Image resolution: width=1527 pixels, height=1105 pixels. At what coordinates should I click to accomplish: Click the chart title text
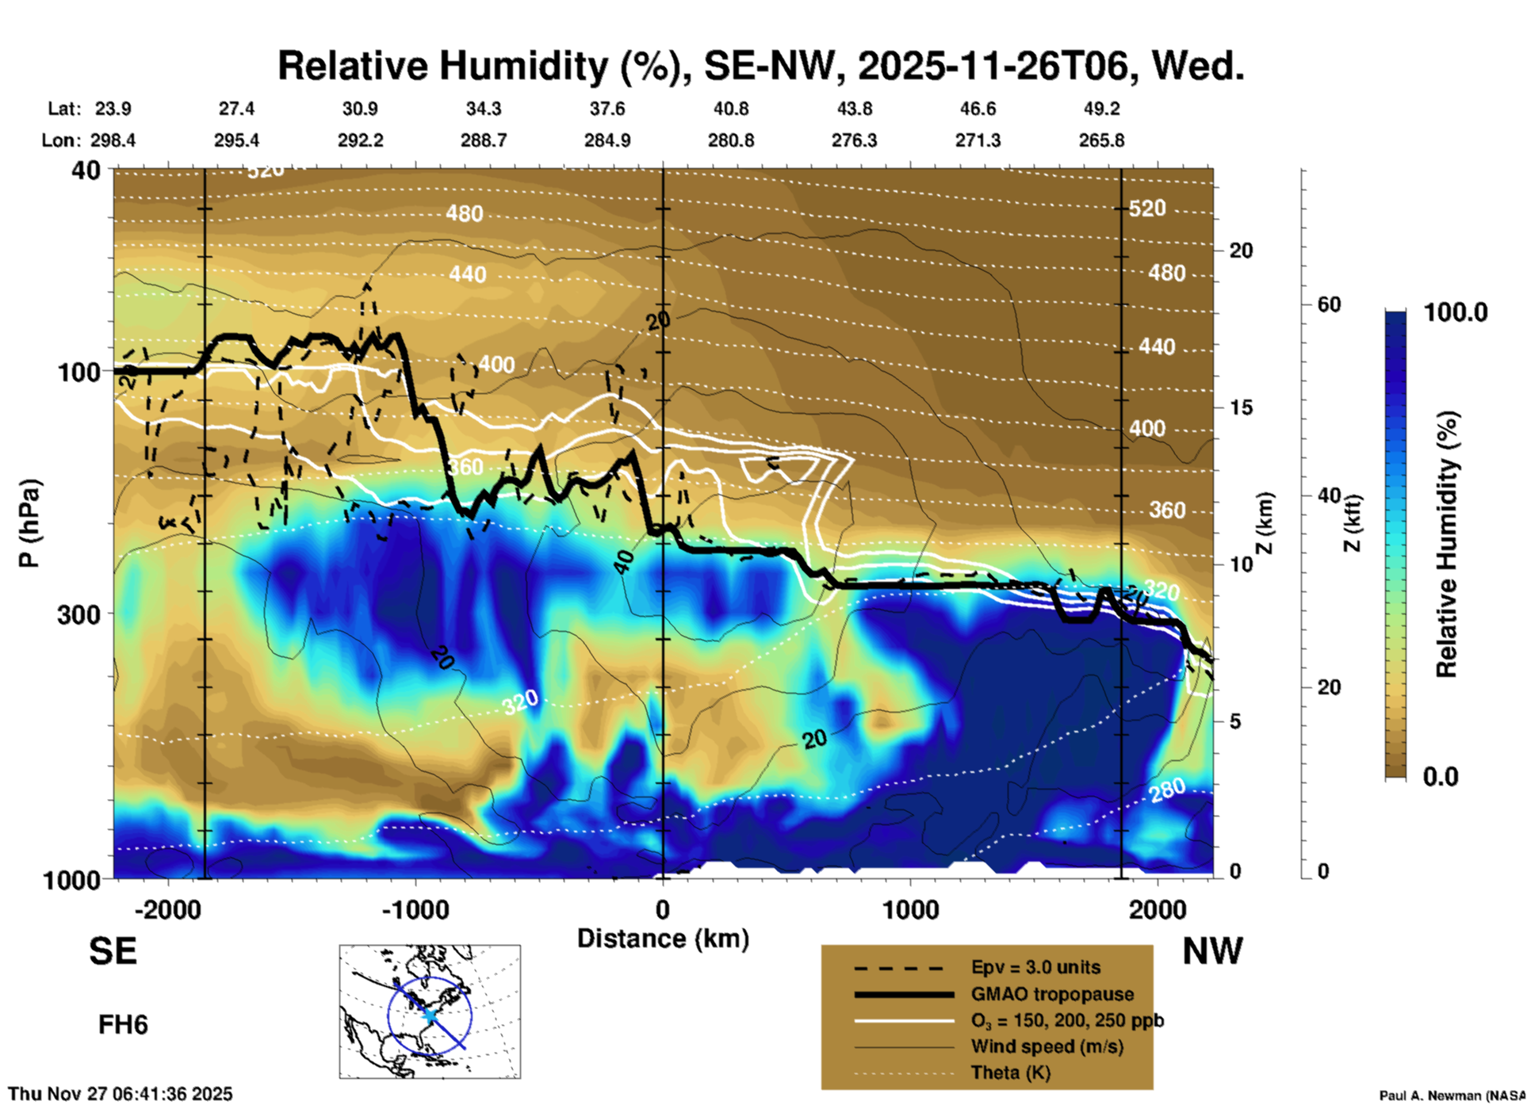point(760,67)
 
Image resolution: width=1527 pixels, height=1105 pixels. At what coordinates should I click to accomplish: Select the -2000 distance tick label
point(168,910)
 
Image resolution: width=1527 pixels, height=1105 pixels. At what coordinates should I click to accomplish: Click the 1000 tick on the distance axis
point(910,910)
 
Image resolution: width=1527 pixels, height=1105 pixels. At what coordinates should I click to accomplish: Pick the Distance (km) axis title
point(663,939)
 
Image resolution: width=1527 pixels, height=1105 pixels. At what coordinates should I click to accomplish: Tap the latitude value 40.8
point(730,109)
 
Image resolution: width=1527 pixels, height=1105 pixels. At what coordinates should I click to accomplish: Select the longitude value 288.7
point(484,140)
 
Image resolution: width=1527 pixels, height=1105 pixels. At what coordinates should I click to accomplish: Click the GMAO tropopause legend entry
point(1052,994)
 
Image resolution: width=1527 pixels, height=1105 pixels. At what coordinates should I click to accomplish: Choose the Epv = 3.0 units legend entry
point(1035,968)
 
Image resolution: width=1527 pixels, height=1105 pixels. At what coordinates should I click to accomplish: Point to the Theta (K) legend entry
point(1010,1072)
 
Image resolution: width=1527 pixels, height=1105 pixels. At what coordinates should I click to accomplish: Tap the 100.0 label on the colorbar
point(1456,312)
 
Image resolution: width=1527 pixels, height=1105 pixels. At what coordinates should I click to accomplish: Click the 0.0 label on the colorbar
point(1441,777)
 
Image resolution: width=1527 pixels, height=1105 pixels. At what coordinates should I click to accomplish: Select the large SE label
point(113,951)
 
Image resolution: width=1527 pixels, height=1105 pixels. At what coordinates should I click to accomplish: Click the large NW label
point(1212,951)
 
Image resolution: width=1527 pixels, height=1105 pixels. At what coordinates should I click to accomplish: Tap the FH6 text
point(123,1025)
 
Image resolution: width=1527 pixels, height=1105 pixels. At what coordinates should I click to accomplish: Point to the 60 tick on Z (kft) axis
point(1329,304)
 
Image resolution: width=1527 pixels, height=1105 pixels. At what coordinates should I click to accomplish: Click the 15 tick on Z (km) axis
point(1241,407)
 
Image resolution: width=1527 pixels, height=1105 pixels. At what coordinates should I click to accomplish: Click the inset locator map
point(430,1011)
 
